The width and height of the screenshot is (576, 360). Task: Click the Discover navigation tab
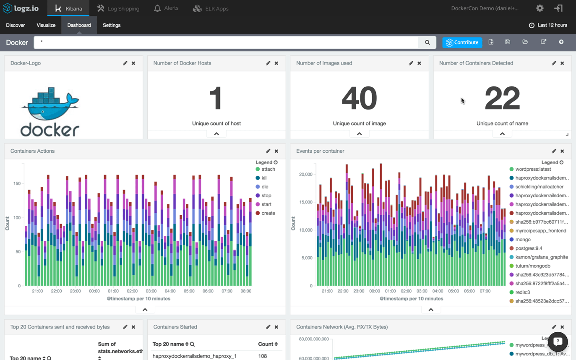[16, 25]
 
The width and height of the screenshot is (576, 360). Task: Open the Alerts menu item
[166, 8]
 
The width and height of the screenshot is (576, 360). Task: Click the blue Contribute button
[462, 42]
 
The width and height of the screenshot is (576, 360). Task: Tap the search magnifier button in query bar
[427, 42]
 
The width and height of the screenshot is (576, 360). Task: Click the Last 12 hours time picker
[548, 25]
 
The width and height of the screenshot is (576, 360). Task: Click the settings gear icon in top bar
[540, 8]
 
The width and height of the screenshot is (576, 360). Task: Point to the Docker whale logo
[50, 111]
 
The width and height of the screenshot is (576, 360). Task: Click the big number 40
[359, 99]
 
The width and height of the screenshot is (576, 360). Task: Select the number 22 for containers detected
[502, 99]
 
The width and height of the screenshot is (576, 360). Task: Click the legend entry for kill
[264, 178]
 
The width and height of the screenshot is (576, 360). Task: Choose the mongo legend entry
[523, 240]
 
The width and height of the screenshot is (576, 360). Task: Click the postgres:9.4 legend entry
[529, 248]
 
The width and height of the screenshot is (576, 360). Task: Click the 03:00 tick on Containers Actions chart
[151, 291]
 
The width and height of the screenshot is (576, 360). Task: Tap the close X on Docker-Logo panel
[133, 63]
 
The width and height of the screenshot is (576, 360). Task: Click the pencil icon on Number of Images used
[411, 63]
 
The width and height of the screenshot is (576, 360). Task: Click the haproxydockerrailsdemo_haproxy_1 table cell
[195, 356]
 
